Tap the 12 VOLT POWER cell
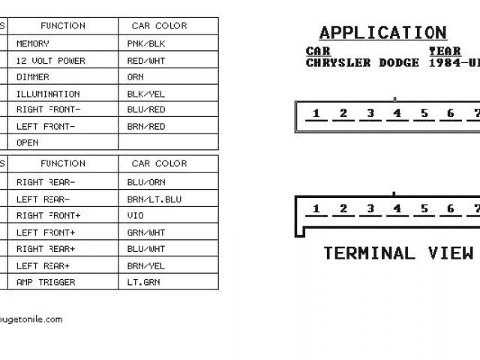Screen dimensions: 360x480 [51, 61]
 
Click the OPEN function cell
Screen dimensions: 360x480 [27, 142]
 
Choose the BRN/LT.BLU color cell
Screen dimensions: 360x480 [154, 199]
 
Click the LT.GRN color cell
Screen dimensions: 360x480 [143, 283]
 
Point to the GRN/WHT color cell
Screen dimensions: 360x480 [146, 232]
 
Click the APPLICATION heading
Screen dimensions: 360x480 [382, 33]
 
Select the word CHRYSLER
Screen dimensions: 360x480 [338, 63]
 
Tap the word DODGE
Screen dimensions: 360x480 [398, 63]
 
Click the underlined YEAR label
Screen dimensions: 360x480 [445, 51]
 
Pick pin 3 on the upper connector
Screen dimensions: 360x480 [370, 114]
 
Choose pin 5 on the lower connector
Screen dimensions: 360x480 [424, 208]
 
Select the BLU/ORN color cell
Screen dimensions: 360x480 [146, 182]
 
